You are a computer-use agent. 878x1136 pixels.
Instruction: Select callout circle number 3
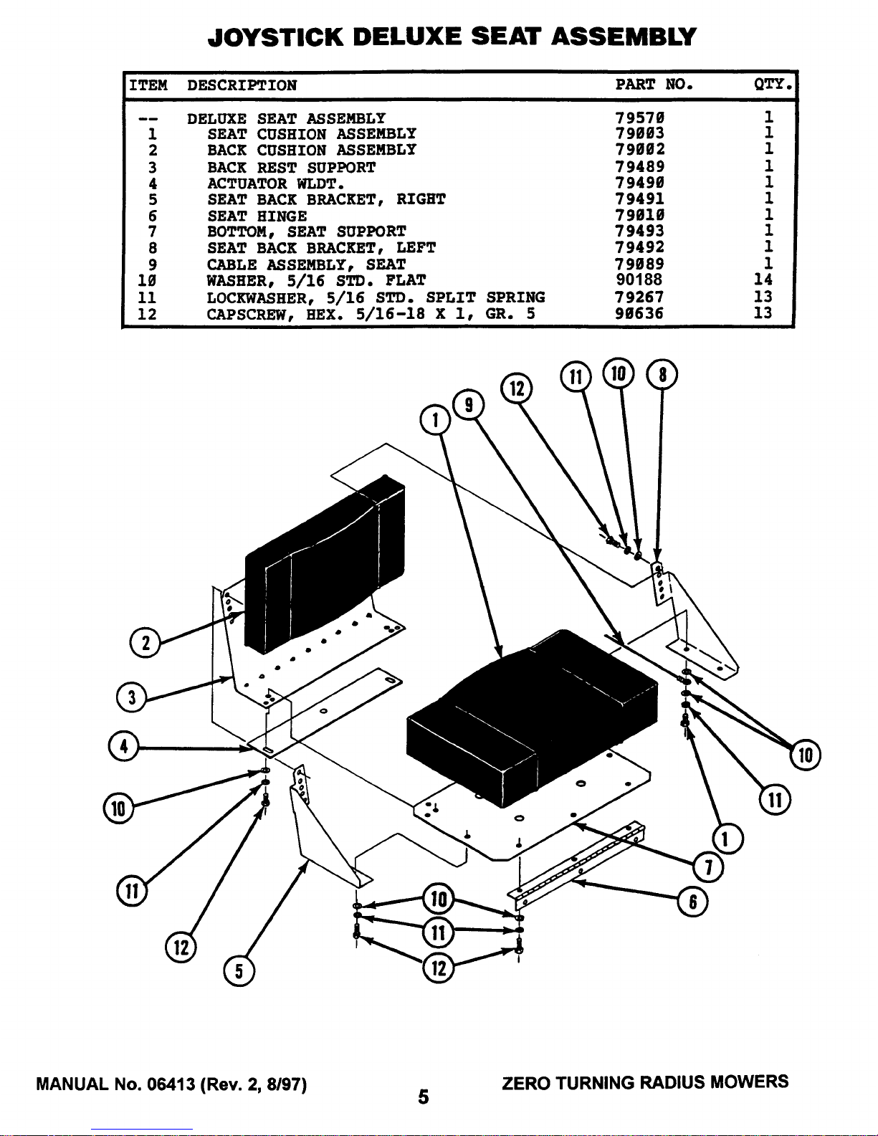point(131,697)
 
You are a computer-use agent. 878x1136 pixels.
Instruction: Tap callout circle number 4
point(123,746)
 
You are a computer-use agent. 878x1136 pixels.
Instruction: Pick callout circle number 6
point(692,902)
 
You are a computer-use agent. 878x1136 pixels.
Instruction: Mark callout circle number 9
point(468,405)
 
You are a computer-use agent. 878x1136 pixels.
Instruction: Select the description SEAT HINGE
point(257,216)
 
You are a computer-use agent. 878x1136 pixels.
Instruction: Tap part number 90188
point(639,280)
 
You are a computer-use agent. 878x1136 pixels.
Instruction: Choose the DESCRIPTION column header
point(242,85)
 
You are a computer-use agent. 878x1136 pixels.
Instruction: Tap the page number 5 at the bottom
point(424,1097)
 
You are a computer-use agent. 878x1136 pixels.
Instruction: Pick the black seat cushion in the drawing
point(530,710)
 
